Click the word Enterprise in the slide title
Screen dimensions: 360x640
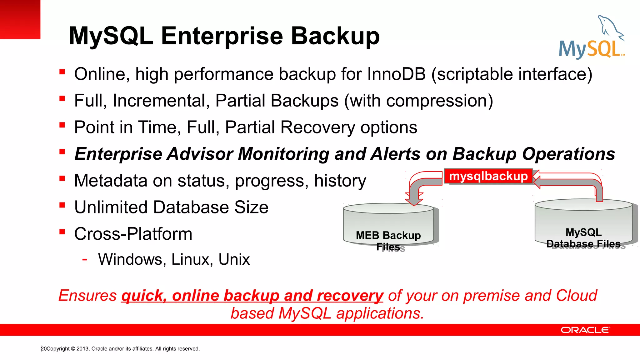click(222, 36)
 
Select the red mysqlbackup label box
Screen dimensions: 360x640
click(488, 176)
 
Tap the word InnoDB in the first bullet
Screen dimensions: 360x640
click(396, 74)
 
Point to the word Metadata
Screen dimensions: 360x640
click(114, 181)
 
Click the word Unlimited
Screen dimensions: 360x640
click(111, 207)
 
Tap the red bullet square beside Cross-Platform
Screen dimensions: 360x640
click(62, 232)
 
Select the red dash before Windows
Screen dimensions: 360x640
click(84, 259)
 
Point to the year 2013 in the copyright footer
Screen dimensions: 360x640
click(82, 349)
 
